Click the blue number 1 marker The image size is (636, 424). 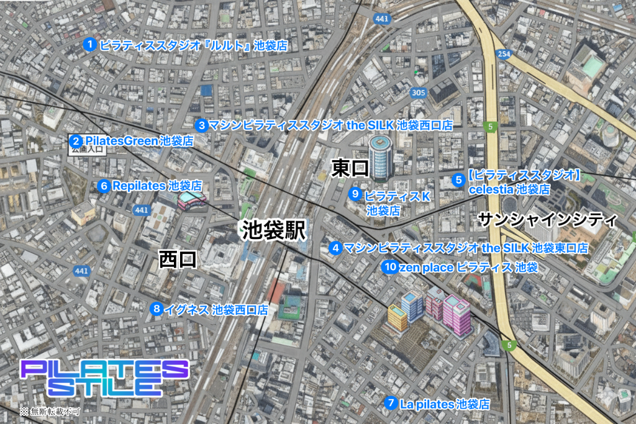89,45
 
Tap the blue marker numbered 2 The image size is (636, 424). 75,141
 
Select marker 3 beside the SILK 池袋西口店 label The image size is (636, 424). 202,125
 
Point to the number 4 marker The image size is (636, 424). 335,248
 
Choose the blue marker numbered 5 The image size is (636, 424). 458,180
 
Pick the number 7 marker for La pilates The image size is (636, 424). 391,403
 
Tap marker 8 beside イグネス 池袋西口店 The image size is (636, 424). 157,309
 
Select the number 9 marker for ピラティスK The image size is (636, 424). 355,194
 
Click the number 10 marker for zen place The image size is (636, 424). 389,268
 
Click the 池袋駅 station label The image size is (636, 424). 273,231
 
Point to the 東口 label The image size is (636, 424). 350,168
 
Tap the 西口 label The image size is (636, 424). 178,259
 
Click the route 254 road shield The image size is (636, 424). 504,54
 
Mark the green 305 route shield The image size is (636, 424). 419,92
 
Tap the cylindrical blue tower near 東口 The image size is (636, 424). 381,155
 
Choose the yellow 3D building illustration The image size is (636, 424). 397,317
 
